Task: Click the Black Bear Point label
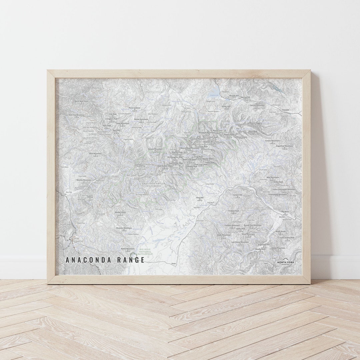(81, 101)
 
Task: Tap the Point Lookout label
(135, 108)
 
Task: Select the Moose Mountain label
(141, 119)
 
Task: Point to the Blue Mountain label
(95, 153)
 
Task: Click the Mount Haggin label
(256, 123)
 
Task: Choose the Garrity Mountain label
(257, 105)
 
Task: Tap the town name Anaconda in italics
(286, 110)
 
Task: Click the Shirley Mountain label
(84, 180)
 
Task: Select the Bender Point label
(120, 212)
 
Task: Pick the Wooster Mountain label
(124, 228)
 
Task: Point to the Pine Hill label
(200, 198)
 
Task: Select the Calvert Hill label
(237, 195)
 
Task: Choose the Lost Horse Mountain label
(240, 242)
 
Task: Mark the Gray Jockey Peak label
(287, 238)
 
